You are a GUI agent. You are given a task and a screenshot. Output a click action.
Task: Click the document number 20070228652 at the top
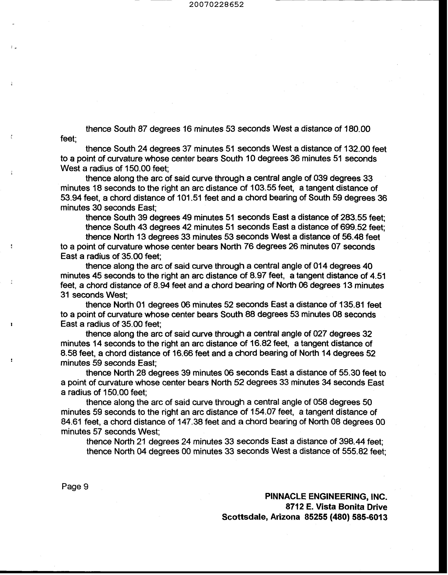point(216,4)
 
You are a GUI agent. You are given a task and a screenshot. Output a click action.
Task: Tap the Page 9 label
point(75,487)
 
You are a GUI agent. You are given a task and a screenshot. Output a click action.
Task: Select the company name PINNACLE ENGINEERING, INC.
point(326,497)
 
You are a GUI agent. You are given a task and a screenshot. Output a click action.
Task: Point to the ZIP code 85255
point(315,517)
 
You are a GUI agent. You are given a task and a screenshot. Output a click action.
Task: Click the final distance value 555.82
point(355,451)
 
